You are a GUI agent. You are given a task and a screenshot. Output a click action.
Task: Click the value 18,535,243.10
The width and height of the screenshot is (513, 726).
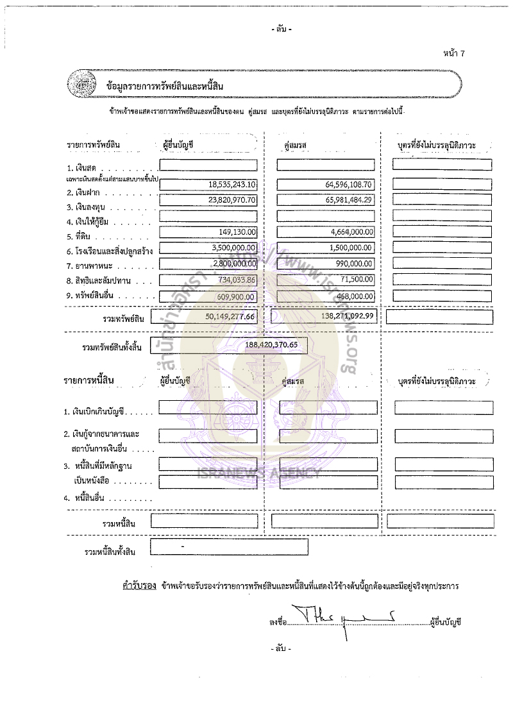click(x=232, y=185)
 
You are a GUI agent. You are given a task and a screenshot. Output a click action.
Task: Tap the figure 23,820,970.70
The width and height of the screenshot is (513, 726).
click(x=232, y=200)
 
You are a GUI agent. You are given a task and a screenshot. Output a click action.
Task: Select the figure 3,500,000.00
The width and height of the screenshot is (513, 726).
click(x=234, y=248)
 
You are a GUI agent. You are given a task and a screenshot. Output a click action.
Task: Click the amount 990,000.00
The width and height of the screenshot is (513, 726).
click(x=356, y=264)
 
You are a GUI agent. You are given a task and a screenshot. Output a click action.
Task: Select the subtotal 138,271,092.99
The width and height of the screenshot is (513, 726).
click(x=346, y=317)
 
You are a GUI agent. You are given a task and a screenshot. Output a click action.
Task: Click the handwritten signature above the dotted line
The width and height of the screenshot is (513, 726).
click(x=346, y=618)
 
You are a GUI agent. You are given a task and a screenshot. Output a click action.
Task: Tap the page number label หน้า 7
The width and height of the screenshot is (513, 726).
click(x=453, y=53)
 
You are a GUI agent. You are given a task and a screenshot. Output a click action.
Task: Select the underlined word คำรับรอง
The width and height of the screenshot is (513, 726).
click(x=139, y=586)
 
